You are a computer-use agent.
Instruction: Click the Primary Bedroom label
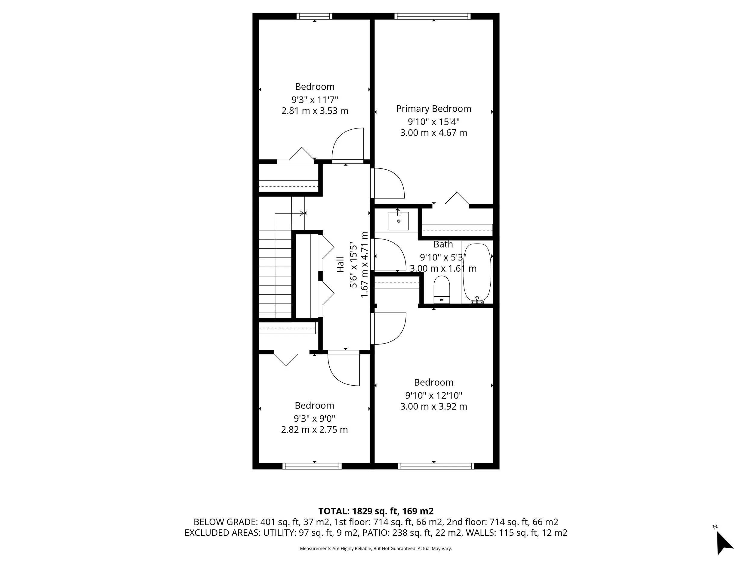(433, 109)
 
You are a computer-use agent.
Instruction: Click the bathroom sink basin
(399, 221)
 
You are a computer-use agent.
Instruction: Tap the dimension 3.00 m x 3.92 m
(433, 407)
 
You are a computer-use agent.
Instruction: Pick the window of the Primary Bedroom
(433, 16)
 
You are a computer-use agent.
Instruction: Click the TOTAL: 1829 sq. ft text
(376, 511)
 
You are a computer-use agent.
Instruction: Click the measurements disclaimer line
(376, 548)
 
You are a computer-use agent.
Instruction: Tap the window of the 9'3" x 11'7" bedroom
(314, 16)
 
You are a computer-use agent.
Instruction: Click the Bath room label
(443, 245)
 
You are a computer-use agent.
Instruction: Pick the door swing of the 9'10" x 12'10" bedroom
(389, 328)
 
